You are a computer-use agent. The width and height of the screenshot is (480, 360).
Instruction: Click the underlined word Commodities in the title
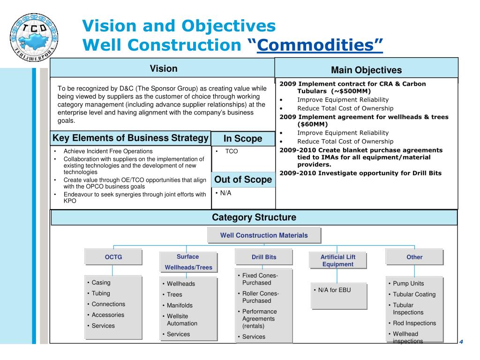[x=320, y=45]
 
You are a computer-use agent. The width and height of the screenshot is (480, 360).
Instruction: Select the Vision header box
[x=163, y=69]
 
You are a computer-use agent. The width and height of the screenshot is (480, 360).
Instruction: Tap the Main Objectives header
[x=366, y=70]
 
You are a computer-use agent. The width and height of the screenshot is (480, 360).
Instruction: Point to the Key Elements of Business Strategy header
[x=130, y=138]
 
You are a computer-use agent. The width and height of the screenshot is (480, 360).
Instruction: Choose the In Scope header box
[x=243, y=139]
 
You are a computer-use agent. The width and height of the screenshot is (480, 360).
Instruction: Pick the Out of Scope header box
[x=243, y=180]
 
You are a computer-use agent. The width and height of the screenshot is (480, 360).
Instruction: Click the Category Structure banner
[x=254, y=217]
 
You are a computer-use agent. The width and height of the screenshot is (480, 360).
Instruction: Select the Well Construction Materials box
[x=264, y=235]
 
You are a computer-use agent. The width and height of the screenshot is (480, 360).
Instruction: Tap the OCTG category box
[x=112, y=257]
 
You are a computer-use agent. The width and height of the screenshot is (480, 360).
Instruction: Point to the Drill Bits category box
[x=264, y=257]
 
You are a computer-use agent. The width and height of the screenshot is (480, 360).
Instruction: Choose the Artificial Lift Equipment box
[x=338, y=261]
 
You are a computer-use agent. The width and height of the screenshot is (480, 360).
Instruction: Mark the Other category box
[x=414, y=257]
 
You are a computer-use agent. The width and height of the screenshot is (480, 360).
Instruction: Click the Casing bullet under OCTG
[x=101, y=283]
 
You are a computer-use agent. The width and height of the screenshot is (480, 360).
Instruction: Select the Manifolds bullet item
[x=180, y=305]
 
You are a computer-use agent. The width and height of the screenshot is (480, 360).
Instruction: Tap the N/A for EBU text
[x=334, y=290]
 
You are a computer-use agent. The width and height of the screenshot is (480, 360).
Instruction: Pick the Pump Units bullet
[x=408, y=284]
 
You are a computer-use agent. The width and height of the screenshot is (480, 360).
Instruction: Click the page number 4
[x=461, y=341]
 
